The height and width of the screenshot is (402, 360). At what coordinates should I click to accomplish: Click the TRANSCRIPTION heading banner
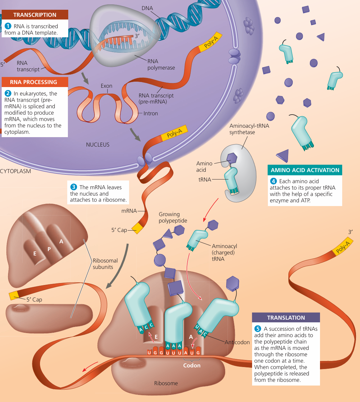(x=35, y=15)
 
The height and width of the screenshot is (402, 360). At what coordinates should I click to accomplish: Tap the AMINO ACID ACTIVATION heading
(x=305, y=170)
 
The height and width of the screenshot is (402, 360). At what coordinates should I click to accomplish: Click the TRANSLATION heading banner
(x=286, y=318)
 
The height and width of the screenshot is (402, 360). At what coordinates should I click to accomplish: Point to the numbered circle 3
(x=74, y=187)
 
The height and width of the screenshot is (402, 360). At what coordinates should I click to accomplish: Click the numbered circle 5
(x=258, y=329)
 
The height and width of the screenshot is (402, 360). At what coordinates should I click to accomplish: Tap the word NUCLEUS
(x=97, y=145)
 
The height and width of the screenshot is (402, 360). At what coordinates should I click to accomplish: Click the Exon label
(x=106, y=86)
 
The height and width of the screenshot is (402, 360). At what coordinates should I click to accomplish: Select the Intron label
(x=151, y=113)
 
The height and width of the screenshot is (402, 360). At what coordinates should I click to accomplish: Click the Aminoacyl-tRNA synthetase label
(x=249, y=129)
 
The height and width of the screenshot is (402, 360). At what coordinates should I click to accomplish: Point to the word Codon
(x=192, y=365)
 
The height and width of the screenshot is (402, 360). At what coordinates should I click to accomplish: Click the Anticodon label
(x=237, y=342)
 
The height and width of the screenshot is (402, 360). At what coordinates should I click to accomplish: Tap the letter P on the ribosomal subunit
(x=49, y=249)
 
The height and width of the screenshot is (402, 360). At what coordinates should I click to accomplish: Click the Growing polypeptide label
(x=173, y=217)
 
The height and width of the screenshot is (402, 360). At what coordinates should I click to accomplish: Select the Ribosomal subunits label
(x=105, y=264)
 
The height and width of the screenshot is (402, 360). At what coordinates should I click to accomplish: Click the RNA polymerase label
(x=161, y=65)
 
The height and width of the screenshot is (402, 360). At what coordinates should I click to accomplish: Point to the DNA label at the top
(x=147, y=8)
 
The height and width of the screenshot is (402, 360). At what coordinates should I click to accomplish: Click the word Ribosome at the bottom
(x=166, y=383)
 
